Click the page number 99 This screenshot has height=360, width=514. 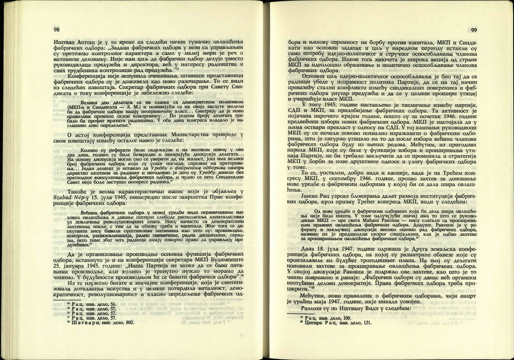pos(473,30)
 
